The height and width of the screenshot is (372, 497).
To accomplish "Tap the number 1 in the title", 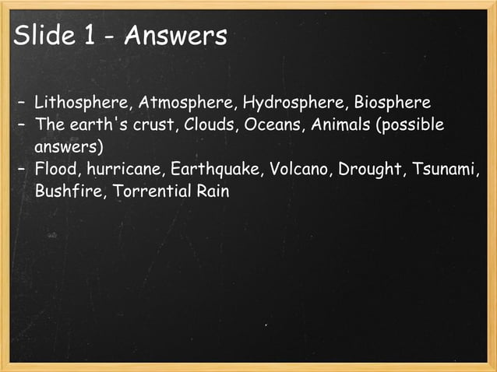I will (88, 35).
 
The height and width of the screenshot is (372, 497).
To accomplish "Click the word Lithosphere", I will (83, 103).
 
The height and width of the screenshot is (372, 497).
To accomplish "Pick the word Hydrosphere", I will (294, 103).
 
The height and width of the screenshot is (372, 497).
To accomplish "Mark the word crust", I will (153, 125).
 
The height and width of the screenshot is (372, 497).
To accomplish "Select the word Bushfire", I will (67, 191).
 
